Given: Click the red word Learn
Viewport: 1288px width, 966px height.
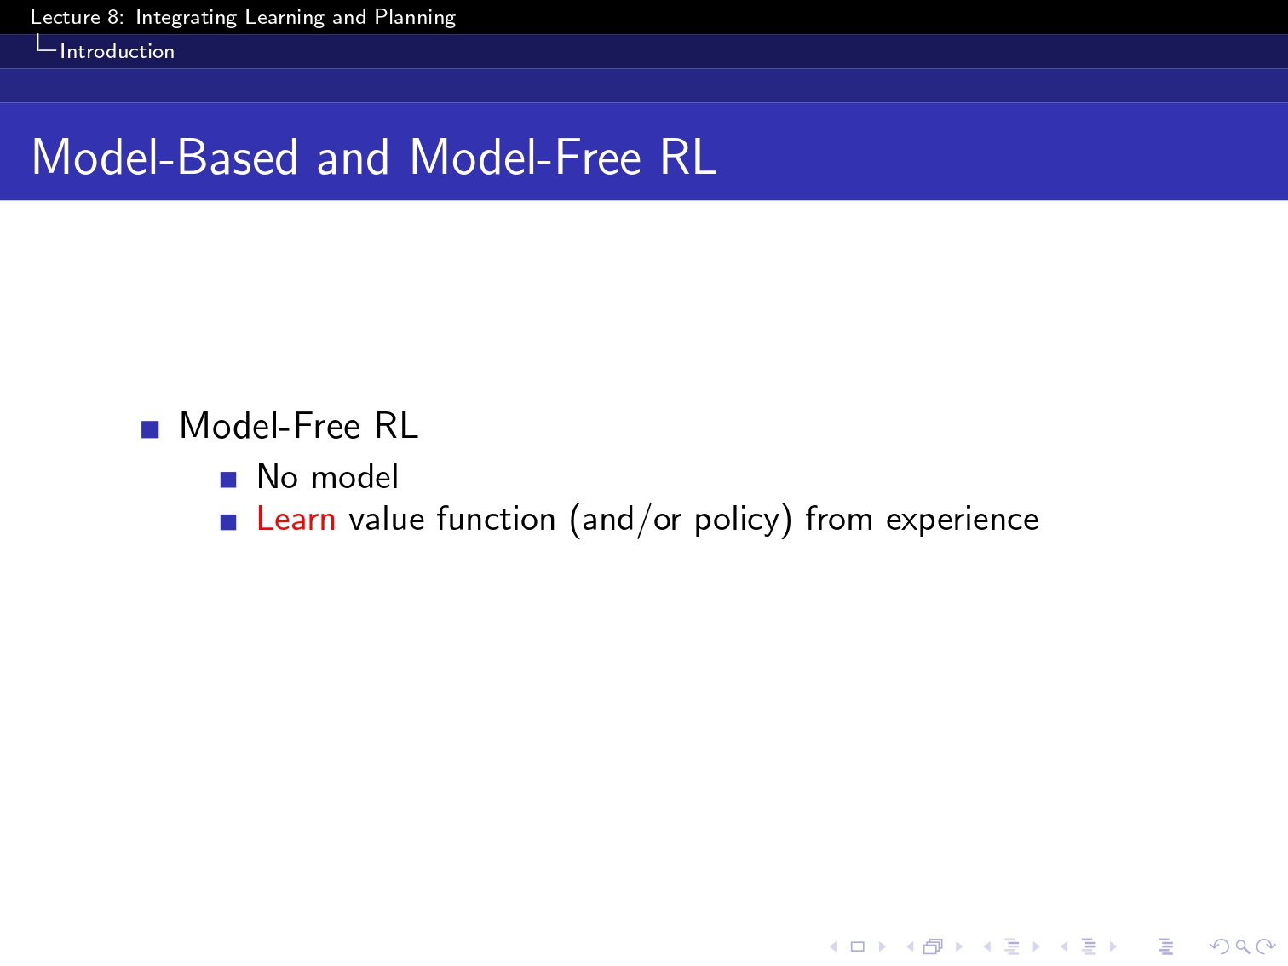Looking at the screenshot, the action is (296, 519).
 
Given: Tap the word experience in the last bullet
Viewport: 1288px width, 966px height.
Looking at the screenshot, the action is (962, 520).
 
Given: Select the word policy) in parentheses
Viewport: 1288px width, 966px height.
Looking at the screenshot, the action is (744, 520).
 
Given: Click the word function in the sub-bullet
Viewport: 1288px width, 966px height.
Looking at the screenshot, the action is (496, 519).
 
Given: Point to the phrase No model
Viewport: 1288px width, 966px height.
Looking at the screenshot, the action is (327, 476).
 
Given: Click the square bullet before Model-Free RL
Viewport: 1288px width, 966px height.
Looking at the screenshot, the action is (150, 429).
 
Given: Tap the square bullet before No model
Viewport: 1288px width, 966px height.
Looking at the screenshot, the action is (228, 480).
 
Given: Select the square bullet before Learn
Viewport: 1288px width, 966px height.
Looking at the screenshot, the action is (228, 522).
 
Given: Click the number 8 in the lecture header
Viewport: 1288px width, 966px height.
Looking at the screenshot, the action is (114, 17).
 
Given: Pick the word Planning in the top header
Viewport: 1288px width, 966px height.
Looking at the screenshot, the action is (415, 18).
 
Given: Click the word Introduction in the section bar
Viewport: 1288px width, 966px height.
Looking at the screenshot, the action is (118, 52).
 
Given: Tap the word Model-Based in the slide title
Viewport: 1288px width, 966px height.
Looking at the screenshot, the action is (165, 158).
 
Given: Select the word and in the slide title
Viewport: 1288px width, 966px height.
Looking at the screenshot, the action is (353, 158).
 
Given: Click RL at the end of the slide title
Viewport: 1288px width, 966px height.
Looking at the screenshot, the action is (687, 158).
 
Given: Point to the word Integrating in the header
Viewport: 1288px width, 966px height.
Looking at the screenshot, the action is (186, 18).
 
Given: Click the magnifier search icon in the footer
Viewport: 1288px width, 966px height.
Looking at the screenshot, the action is (1242, 946).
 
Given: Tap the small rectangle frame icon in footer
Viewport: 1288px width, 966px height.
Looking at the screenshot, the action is (858, 946).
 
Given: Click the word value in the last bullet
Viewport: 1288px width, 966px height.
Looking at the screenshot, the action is (386, 519).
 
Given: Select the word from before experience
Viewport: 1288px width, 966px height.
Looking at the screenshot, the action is (839, 519).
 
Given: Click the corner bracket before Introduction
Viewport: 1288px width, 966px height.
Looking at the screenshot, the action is (46, 43).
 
